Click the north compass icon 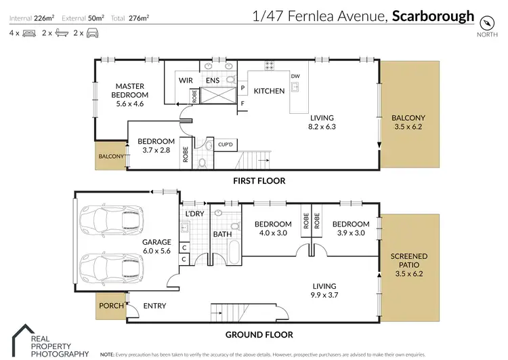(484, 22)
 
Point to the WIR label (186, 80)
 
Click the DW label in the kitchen (295, 76)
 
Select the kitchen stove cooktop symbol (269, 66)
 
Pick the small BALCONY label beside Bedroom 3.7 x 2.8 (111, 157)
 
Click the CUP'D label (226, 145)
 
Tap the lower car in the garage (112, 267)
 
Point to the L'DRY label (194, 214)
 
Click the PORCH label (111, 306)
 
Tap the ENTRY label (154, 306)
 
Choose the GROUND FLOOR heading (260, 334)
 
